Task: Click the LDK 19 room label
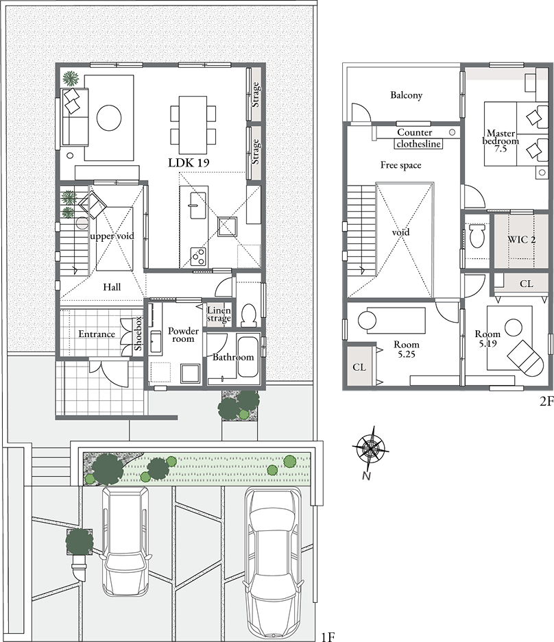(x=189, y=162)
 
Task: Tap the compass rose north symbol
(x=370, y=449)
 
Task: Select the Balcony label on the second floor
(x=406, y=95)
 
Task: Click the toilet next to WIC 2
(x=477, y=235)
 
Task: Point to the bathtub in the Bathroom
(x=248, y=357)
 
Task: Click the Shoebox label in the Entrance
(x=138, y=333)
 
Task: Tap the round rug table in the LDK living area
(x=109, y=118)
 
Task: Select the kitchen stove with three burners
(x=198, y=256)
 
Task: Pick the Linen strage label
(x=219, y=314)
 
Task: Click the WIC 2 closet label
(x=522, y=240)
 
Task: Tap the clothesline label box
(x=418, y=144)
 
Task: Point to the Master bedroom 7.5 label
(x=501, y=141)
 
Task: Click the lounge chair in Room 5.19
(x=526, y=358)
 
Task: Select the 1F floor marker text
(x=328, y=637)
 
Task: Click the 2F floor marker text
(x=546, y=402)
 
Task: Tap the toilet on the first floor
(x=249, y=316)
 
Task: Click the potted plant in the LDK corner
(x=71, y=78)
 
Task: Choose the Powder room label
(x=183, y=334)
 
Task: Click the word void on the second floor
(x=400, y=232)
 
